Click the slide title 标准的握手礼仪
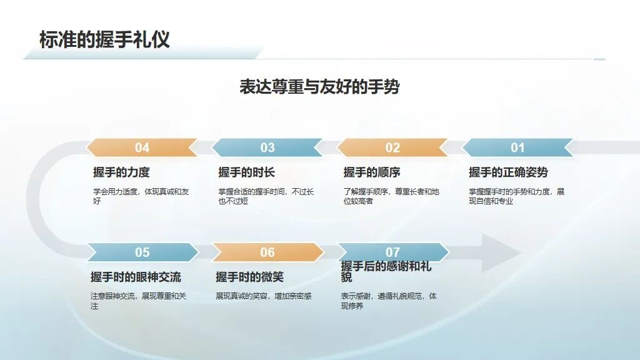point(104,39)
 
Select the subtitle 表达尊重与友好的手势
point(319,86)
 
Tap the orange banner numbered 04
point(142,147)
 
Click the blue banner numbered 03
point(267,147)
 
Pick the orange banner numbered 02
point(392,147)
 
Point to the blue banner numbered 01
point(517,147)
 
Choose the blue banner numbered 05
point(142,252)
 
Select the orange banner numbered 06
point(267,252)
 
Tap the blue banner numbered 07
point(392,252)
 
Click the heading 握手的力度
point(121,172)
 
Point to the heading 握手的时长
point(246,172)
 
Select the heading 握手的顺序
point(372,172)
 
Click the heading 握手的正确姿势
point(508,172)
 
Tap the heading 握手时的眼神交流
point(136,277)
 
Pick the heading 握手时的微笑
point(250,277)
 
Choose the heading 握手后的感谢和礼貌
point(386,271)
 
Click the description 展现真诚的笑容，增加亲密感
point(264,296)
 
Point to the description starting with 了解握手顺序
point(391,196)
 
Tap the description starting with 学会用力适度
point(141,196)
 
